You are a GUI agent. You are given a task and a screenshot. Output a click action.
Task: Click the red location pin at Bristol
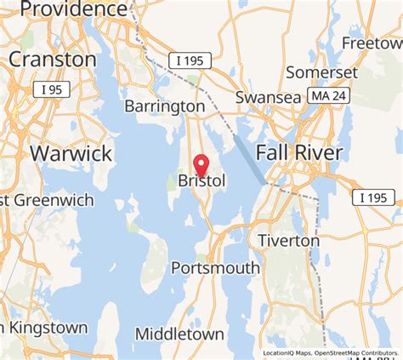coord(201,163)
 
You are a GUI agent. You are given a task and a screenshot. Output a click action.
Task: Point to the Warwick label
coord(71,153)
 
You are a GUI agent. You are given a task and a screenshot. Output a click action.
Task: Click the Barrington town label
coord(165,106)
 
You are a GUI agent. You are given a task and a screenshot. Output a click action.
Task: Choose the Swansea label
coord(269,97)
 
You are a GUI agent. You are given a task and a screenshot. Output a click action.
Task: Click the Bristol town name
coord(201,181)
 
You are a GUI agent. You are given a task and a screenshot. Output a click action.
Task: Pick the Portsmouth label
coord(215,268)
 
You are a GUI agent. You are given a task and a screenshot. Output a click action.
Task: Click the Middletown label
coord(179,334)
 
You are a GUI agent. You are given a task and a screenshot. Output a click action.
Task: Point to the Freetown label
coord(372,43)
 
